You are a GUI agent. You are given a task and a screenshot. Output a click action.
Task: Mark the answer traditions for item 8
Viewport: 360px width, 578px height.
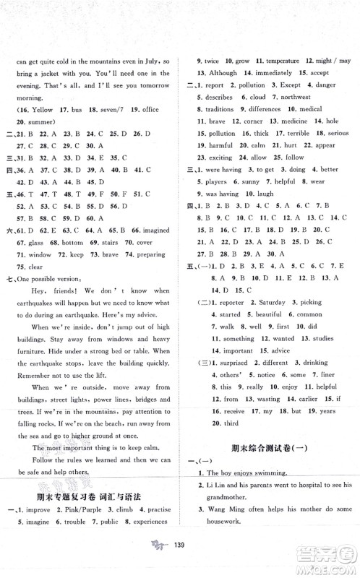[x=215, y=109]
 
